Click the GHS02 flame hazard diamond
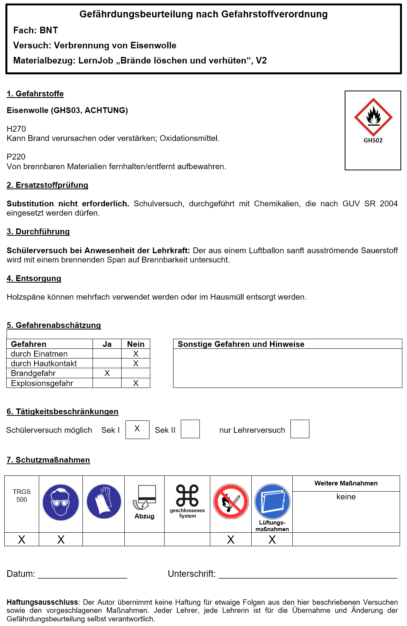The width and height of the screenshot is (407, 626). pyautogui.click(x=373, y=117)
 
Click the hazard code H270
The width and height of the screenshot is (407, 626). pyautogui.click(x=16, y=129)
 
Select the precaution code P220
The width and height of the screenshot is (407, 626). pyautogui.click(x=16, y=157)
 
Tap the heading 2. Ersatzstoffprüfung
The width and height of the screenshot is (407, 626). pyautogui.click(x=47, y=185)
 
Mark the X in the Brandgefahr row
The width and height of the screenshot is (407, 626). pyautogui.click(x=107, y=373)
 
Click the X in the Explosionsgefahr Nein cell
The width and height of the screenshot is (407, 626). pyautogui.click(x=136, y=383)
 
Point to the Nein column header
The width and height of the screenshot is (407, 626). pyautogui.click(x=136, y=344)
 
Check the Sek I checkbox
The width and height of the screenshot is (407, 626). pyautogui.click(x=137, y=429)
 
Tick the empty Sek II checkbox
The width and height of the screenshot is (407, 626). pyautogui.click(x=190, y=429)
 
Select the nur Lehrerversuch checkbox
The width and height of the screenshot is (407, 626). pyautogui.click(x=300, y=429)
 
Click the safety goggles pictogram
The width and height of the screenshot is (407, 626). pyautogui.click(x=61, y=503)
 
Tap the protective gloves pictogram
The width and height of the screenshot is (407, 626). pyautogui.click(x=104, y=502)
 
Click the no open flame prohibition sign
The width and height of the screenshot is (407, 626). pyautogui.click(x=231, y=502)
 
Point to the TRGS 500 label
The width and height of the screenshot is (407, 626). pyautogui.click(x=22, y=496)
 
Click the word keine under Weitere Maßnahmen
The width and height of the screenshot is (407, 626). pyautogui.click(x=346, y=497)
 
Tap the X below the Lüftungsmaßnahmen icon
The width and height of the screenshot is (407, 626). pyautogui.click(x=272, y=540)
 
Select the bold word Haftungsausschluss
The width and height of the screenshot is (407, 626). pyautogui.click(x=42, y=602)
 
